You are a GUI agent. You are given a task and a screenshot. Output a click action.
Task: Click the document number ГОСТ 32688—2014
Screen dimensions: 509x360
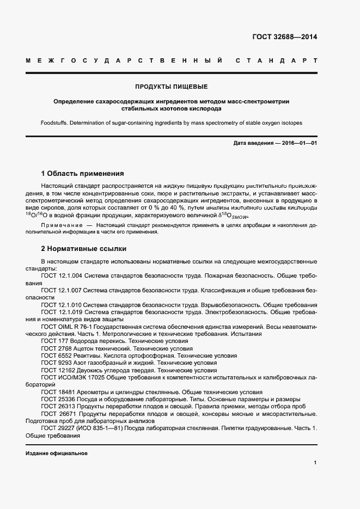pyautogui.click(x=284, y=37)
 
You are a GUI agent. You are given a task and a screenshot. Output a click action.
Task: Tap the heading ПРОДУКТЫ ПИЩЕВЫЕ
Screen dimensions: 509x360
pyautogui.click(x=172, y=87)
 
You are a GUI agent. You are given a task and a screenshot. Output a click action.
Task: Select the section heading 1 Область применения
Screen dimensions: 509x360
pyautogui.click(x=82, y=174)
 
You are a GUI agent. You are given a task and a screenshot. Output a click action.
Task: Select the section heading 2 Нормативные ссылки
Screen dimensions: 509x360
pyautogui.click(x=83, y=248)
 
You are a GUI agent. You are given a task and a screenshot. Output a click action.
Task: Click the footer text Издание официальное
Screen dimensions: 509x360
pyautogui.click(x=56, y=453)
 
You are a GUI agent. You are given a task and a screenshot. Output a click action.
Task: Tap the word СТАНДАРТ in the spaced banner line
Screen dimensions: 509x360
pyautogui.click(x=276, y=59)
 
